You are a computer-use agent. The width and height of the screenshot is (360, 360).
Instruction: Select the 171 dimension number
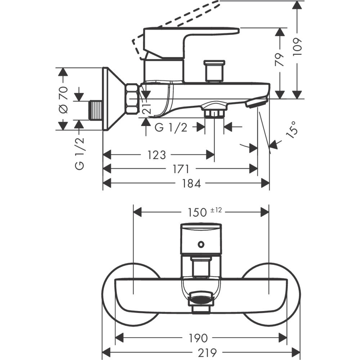[182, 169]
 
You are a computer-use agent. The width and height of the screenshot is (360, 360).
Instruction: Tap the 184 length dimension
[191, 183]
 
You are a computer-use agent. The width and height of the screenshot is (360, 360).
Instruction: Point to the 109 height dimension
[297, 46]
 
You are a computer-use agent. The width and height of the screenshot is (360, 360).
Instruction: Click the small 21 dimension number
[145, 107]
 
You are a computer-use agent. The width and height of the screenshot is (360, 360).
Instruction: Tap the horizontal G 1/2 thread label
[171, 127]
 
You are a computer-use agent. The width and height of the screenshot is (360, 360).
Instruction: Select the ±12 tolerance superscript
[216, 210]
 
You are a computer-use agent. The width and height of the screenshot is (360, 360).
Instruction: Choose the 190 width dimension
[198, 338]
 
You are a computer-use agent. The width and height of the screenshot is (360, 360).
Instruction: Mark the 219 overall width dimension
[201, 352]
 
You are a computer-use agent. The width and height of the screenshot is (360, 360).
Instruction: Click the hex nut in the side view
[132, 99]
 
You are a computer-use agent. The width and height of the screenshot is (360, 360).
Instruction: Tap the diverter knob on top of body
[215, 71]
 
